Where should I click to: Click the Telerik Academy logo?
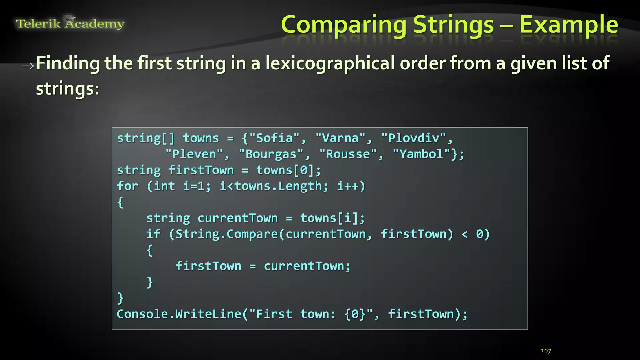click(x=70, y=23)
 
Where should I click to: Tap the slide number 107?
click(x=546, y=351)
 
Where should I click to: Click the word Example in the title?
click(x=568, y=25)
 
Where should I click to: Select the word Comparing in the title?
click(x=343, y=25)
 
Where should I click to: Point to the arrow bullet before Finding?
click(x=27, y=65)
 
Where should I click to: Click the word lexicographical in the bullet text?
click(x=330, y=63)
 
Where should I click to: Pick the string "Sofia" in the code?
click(x=274, y=138)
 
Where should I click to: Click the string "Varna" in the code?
click(x=340, y=138)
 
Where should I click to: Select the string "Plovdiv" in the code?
click(x=413, y=138)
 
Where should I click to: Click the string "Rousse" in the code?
click(x=347, y=154)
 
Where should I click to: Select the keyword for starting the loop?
click(x=127, y=186)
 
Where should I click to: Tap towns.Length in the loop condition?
click(x=278, y=186)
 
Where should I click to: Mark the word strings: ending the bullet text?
click(x=67, y=89)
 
